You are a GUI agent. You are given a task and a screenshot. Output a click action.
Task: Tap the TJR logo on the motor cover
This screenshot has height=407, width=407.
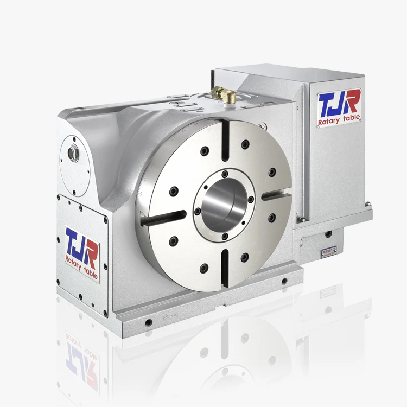[339, 104]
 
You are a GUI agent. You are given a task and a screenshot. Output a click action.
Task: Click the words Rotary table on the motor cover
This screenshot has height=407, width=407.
[340, 119]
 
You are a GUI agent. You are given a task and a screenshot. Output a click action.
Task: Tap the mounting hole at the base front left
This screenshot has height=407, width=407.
[148, 322]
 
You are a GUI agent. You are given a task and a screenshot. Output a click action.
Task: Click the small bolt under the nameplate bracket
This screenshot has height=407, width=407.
[328, 234]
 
